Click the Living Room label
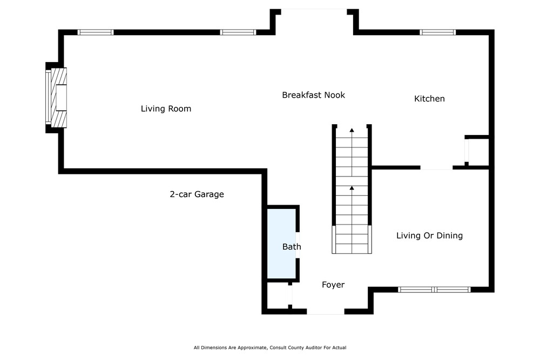[x=166, y=109]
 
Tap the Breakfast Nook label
[x=313, y=95]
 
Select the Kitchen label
[x=429, y=99]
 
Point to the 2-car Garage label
[x=197, y=194]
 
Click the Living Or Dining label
[x=429, y=235]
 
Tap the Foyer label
[x=333, y=284]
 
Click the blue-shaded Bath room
[x=282, y=243]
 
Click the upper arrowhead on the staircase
[x=352, y=130]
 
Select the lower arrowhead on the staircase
[x=352, y=188]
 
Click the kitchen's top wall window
[x=437, y=32]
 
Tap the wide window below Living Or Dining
[x=434, y=289]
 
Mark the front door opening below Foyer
[x=326, y=311]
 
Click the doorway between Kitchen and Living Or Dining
[x=436, y=168]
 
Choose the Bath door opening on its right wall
[x=298, y=244]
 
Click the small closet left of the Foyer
[x=278, y=295]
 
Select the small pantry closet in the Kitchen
[x=477, y=152]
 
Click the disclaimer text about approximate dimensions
[x=270, y=348]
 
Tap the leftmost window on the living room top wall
[x=96, y=32]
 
